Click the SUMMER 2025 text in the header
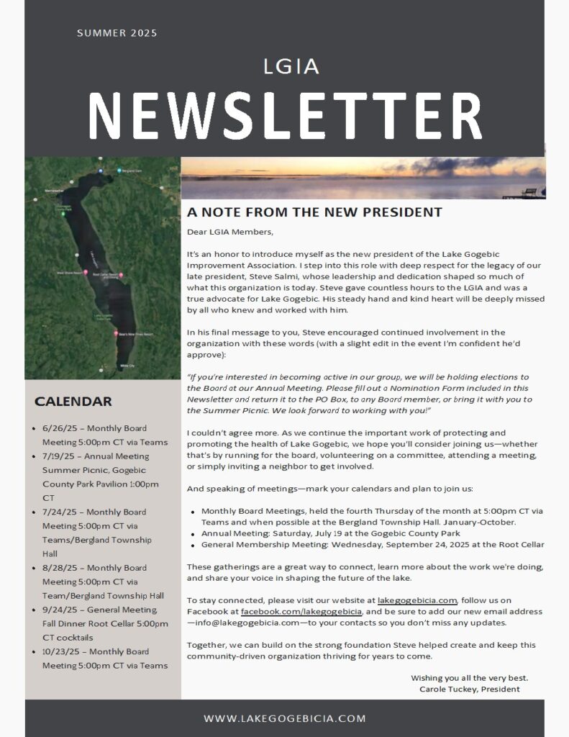click(x=117, y=33)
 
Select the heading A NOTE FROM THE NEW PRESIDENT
click(x=314, y=212)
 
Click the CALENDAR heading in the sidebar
click(x=73, y=401)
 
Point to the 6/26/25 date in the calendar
click(x=58, y=428)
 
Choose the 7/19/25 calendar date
click(x=58, y=456)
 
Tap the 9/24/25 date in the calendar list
click(x=58, y=610)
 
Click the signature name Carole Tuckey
click(x=447, y=689)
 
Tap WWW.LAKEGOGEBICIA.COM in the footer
click(x=285, y=718)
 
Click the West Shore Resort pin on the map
click(x=86, y=273)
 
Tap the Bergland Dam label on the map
click(x=130, y=171)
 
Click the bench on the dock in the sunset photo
click(x=529, y=191)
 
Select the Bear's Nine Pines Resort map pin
click(x=116, y=333)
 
